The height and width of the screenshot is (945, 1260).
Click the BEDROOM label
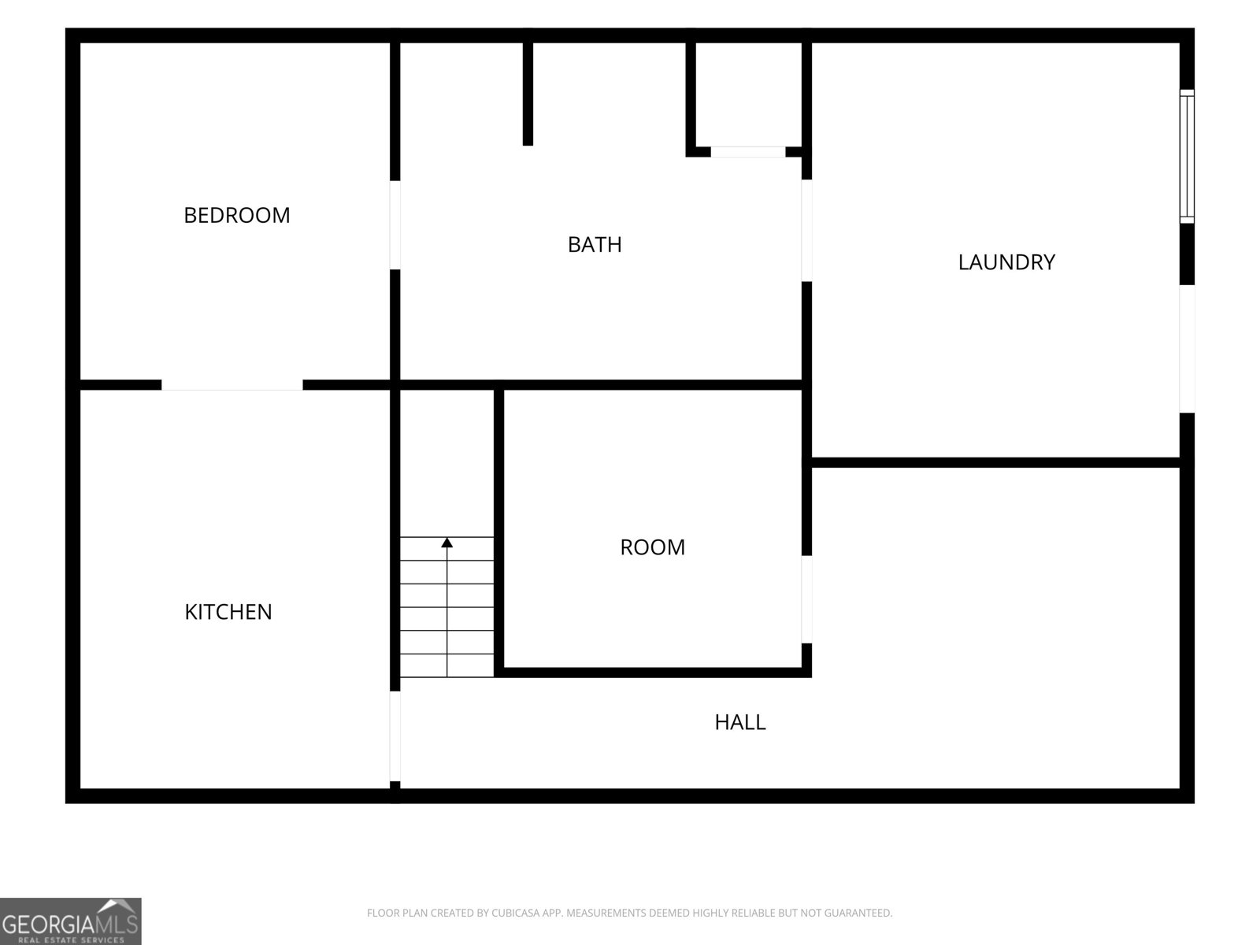(x=236, y=215)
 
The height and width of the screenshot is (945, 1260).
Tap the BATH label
(x=595, y=244)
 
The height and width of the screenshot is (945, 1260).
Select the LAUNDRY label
(x=1006, y=262)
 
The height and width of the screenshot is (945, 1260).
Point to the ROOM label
(x=653, y=547)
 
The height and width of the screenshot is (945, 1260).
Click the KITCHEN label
(x=228, y=612)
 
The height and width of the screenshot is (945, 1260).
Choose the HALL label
(x=740, y=722)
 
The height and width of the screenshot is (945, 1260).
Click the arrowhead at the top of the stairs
(x=447, y=543)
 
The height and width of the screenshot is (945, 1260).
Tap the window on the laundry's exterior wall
(x=1187, y=156)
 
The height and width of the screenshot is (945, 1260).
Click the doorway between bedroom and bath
(x=395, y=225)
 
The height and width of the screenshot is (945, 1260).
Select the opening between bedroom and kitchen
(x=232, y=385)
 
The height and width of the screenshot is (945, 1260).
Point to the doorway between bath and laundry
(x=806, y=231)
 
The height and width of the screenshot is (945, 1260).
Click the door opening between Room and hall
(x=806, y=599)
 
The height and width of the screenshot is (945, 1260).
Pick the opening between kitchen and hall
(x=395, y=736)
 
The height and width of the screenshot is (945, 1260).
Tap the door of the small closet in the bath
(x=748, y=152)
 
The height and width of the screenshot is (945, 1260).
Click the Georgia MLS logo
(x=71, y=921)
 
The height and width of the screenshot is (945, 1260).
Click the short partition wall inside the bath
(x=528, y=94)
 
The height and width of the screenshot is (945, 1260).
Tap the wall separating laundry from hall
(x=995, y=462)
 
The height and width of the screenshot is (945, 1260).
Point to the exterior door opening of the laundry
(x=1187, y=349)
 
